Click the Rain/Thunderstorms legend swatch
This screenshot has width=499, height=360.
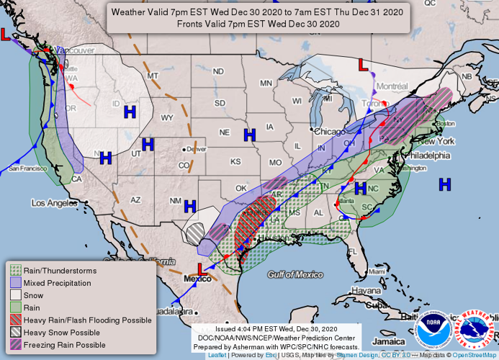[x=14, y=271]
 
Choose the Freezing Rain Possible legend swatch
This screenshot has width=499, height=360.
[x=14, y=345]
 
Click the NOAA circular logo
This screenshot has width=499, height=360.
[x=433, y=330]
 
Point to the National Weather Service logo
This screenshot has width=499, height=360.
[x=477, y=330]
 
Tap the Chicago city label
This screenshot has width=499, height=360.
[x=329, y=132]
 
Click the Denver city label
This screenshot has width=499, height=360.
[x=190, y=150]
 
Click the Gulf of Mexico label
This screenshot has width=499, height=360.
[x=295, y=274]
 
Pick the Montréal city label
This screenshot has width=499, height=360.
[x=392, y=86]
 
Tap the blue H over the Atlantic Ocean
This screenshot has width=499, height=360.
[x=445, y=185]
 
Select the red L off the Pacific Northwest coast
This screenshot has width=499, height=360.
[x=6, y=34]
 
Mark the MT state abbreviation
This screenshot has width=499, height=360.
[x=153, y=76]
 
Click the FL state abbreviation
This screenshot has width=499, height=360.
[x=353, y=251]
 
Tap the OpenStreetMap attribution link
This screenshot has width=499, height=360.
[x=474, y=355]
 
